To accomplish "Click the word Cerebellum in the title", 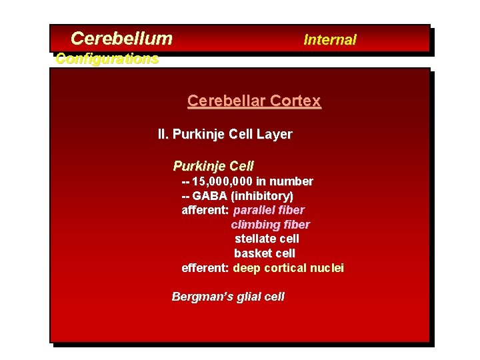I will coord(121,39).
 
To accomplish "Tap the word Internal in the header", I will coord(330,40).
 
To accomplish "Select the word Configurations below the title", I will coord(107,59).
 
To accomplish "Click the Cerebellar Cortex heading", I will coord(254,101).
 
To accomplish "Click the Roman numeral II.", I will coord(163,135).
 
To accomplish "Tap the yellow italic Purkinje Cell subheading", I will coord(213,166).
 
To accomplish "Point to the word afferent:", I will coord(205,210).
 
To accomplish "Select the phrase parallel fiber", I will coord(269,210).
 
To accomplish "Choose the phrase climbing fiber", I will coord(270,225).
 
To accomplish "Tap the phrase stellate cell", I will coord(267,239).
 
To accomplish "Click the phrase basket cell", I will coord(265,253).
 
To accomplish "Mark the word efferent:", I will coord(205,268).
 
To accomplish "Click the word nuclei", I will coord(327,268).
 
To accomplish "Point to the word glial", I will coord(247,297).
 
